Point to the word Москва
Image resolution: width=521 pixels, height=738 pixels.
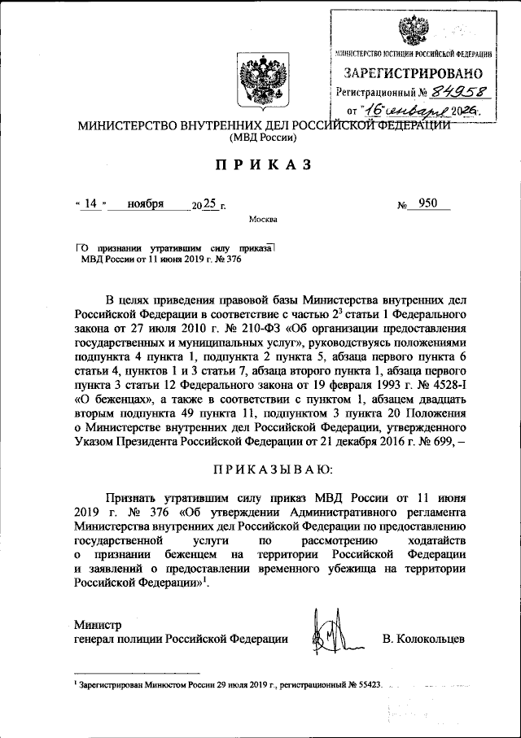[262, 219]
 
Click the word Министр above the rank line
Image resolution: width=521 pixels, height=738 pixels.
[97, 625]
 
